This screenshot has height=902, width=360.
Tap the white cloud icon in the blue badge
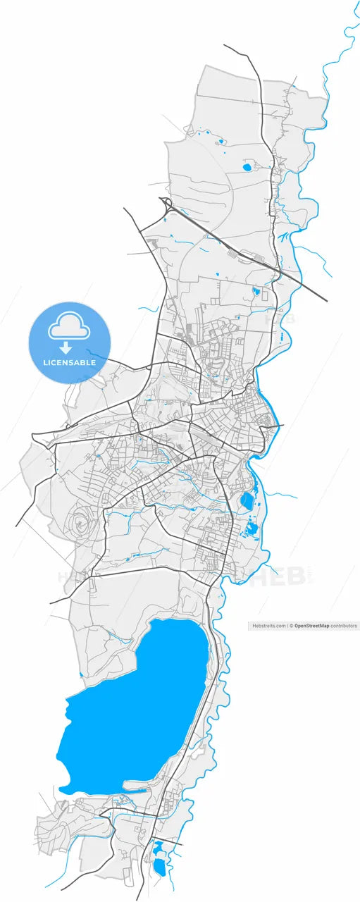pyautogui.click(x=68, y=326)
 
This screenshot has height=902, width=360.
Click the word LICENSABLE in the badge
pyautogui.click(x=69, y=362)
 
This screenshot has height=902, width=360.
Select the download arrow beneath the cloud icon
pyautogui.click(x=66, y=347)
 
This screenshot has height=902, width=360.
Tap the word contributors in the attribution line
pyautogui.click(x=342, y=626)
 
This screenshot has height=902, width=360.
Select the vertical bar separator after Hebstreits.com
pyautogui.click(x=287, y=626)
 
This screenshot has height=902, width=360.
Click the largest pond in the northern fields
pyautogui.click(x=247, y=167)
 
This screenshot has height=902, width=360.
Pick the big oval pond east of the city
pyautogui.click(x=247, y=501)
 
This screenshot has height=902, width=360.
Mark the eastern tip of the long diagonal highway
pyautogui.click(x=327, y=301)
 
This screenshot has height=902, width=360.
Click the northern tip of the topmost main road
pyautogui.click(x=225, y=45)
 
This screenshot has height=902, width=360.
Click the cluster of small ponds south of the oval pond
pyautogui.click(x=251, y=529)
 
